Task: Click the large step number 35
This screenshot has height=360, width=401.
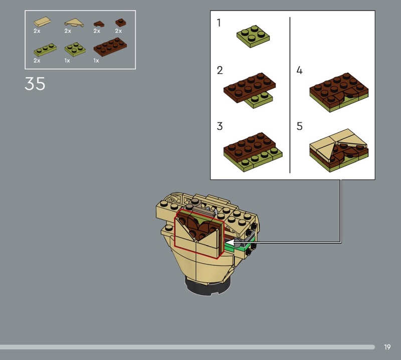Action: tap(35, 84)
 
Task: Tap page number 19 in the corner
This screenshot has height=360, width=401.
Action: tap(387, 347)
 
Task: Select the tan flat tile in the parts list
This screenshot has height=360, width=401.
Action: tap(42, 22)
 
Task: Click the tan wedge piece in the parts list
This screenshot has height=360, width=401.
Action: tap(74, 23)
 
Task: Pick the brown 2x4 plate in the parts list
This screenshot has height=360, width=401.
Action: tap(110, 47)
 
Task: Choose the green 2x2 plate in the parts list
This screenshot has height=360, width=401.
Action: tap(75, 49)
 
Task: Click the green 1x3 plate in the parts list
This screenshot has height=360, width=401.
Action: tap(45, 49)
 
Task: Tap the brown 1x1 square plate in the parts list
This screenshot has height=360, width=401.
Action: tap(120, 23)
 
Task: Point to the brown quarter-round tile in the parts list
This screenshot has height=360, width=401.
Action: tap(99, 24)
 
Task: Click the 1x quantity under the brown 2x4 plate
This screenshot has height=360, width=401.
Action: tap(96, 61)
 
